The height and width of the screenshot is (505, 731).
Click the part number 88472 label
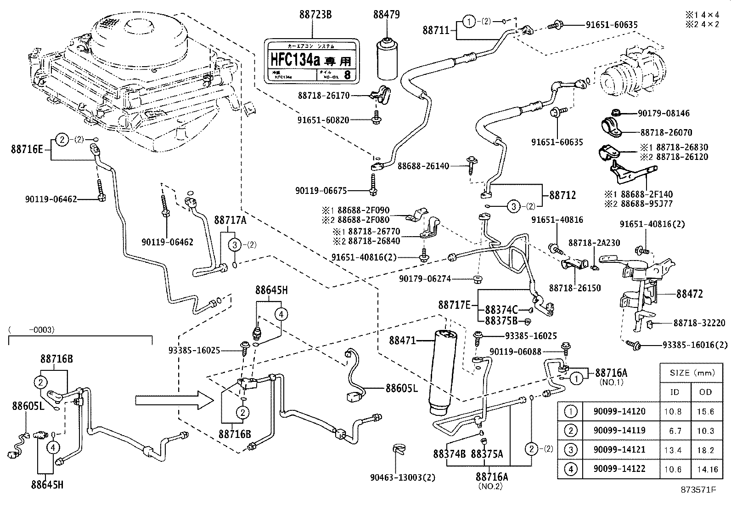click(689, 294)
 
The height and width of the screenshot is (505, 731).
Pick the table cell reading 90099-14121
click(619, 449)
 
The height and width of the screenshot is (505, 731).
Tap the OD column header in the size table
click(705, 392)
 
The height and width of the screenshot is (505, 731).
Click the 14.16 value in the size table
click(705, 469)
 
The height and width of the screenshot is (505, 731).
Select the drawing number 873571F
click(698, 490)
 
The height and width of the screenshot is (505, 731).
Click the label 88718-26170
click(324, 96)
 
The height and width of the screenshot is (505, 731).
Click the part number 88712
click(562, 195)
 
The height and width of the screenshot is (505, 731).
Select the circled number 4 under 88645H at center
click(281, 314)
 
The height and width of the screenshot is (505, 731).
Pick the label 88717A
click(230, 220)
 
